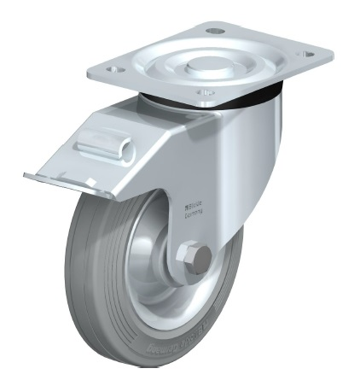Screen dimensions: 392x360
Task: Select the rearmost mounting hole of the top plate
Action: [213, 32]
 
